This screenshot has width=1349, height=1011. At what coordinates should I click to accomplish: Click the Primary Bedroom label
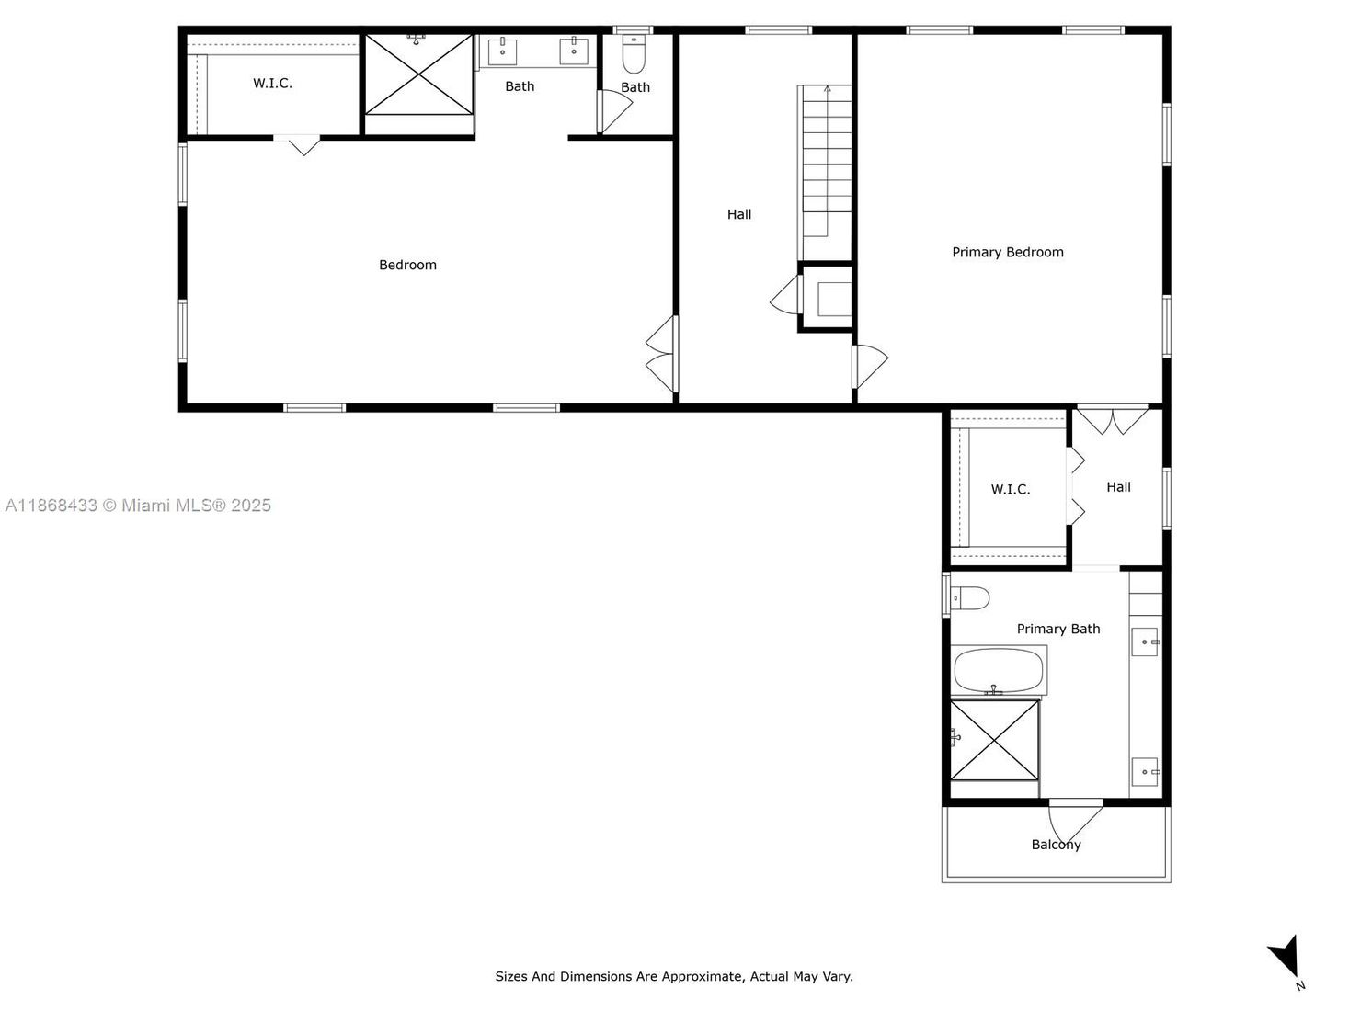point(1007,252)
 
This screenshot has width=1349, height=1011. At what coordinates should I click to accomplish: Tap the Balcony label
point(1056,845)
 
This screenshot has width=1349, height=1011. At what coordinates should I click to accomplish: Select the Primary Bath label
point(1057,629)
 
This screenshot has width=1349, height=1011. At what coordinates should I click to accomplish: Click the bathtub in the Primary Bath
point(998,670)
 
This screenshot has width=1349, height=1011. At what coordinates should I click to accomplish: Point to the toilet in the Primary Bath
point(969,597)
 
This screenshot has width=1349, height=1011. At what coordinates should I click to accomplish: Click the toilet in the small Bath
point(634,53)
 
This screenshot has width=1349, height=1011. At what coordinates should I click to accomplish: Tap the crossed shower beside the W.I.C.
point(418,75)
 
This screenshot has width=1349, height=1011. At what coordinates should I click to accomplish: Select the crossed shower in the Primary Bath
point(994,740)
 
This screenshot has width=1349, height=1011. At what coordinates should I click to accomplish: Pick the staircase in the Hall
point(826,172)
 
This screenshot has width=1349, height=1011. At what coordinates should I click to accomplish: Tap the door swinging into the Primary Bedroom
point(870,366)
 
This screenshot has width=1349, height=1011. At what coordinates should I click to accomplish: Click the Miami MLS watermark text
point(138,505)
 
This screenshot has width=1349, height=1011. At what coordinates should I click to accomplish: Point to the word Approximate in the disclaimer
point(703,976)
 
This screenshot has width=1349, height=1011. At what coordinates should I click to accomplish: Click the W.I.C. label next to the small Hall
point(1010,489)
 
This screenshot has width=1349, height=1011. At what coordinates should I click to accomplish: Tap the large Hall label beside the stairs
point(738,214)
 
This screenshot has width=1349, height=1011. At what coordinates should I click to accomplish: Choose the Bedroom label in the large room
point(407,265)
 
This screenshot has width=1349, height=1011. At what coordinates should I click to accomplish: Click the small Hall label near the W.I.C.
point(1118,486)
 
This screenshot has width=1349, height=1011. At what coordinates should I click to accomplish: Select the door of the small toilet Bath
point(614,110)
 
